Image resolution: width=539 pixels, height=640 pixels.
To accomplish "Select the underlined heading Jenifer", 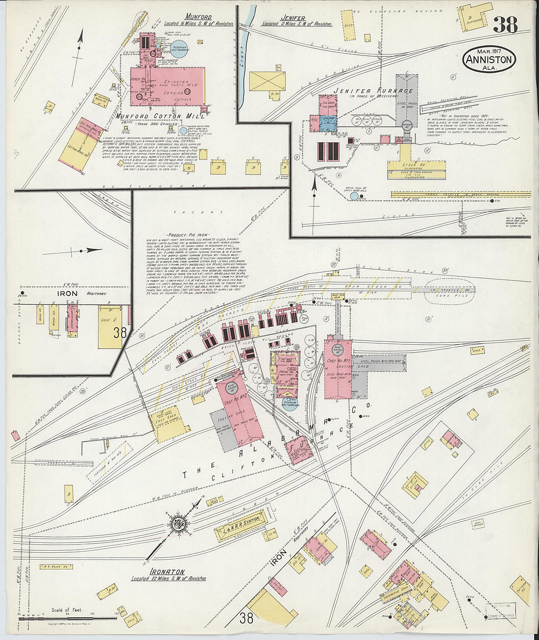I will click(294, 18).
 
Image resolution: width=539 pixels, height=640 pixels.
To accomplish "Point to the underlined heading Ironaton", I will click(168, 572).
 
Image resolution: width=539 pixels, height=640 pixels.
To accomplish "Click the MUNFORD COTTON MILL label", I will click(153, 116).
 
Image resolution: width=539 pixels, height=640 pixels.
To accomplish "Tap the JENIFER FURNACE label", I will click(373, 91).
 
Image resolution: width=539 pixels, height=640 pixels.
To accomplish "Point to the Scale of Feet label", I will click(67, 611).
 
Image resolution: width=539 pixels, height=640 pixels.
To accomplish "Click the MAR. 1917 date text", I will click(489, 51).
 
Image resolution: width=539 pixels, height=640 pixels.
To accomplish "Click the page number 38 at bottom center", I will click(246, 617).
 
